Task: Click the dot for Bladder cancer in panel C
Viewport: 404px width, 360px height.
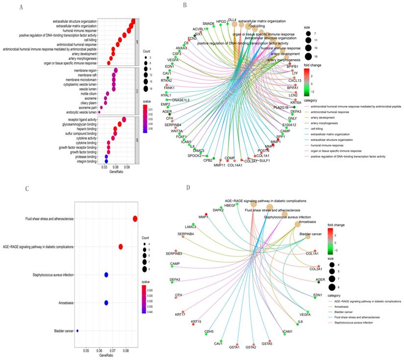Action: tap(77, 331)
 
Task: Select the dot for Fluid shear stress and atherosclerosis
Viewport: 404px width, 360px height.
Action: tap(135, 219)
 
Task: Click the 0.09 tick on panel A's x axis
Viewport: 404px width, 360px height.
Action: tap(126, 168)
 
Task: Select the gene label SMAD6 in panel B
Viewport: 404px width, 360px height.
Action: tap(208, 24)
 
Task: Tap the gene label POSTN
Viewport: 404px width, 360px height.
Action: tap(264, 150)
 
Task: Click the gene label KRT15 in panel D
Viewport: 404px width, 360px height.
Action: tap(196, 322)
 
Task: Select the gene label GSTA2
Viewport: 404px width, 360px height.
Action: tap(251, 347)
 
